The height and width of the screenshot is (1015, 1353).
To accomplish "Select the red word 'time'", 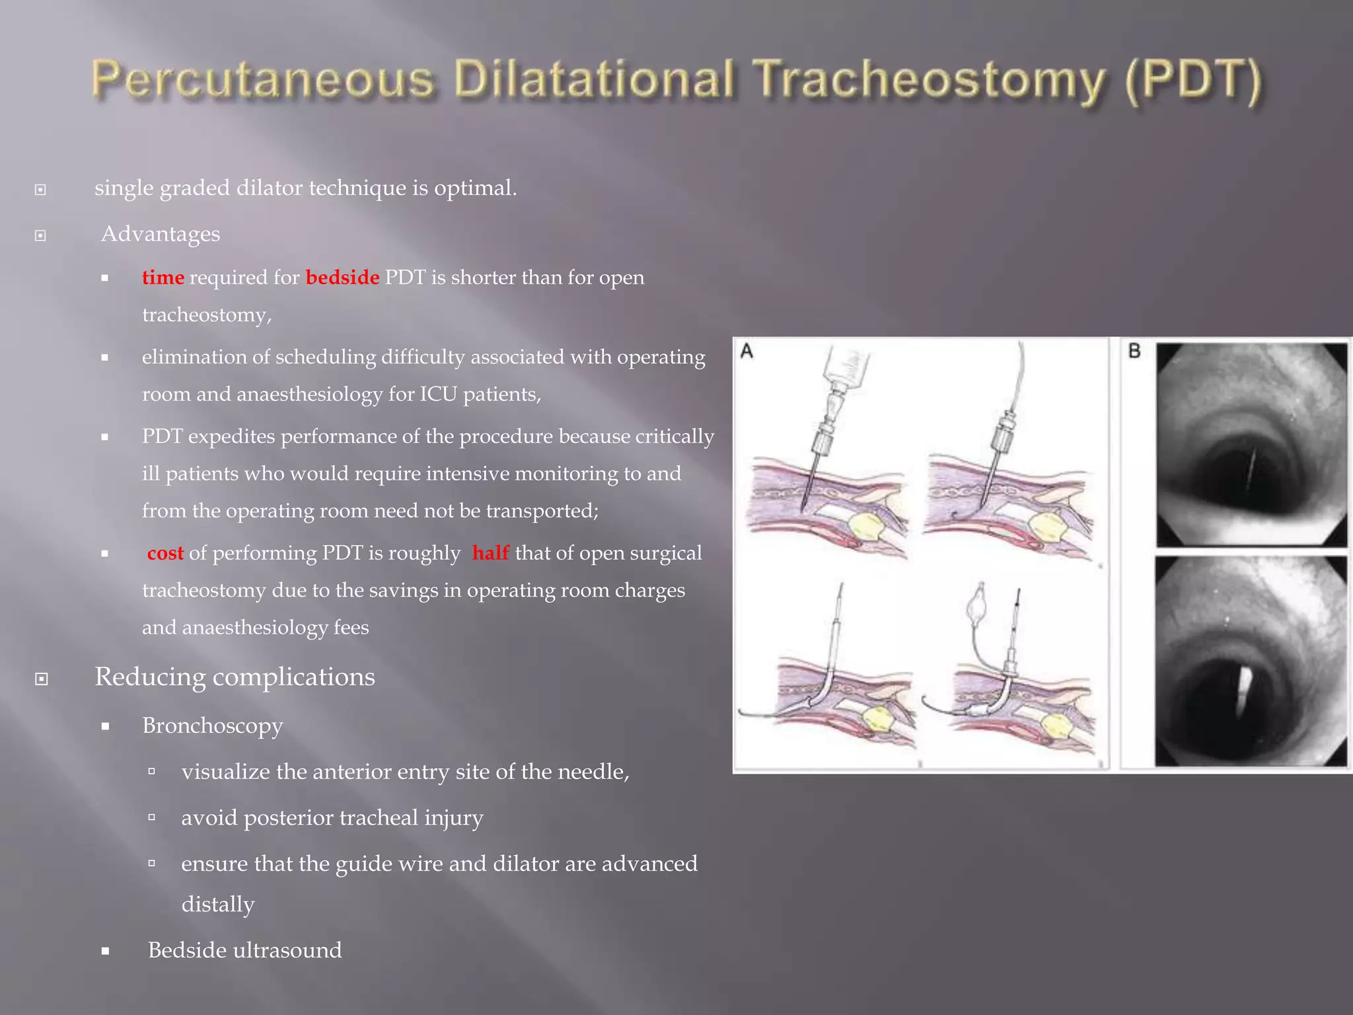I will pos(163,278).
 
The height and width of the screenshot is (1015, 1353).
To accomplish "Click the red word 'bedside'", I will pos(342,278).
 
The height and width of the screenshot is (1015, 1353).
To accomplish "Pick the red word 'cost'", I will pos(165,553).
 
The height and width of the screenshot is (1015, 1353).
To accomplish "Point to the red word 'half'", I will pos(490,553).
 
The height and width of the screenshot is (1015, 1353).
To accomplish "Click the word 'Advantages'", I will pos(161,234).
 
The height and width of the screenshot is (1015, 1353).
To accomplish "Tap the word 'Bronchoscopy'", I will pos(213,726).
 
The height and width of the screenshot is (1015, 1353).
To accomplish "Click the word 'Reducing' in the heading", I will pos(150,677).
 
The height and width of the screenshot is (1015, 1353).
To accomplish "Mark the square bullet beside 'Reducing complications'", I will pos(41,679).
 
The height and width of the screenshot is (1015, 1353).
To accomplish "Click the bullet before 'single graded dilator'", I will pos(40,190).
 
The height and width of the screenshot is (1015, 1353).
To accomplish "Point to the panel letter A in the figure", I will pos(747,351).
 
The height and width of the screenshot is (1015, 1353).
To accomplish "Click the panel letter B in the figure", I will pos(1134,351).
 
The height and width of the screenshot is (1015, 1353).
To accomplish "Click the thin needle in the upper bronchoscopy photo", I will pos(1250,469).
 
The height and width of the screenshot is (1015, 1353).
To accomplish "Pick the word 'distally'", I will pos(218,905).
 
